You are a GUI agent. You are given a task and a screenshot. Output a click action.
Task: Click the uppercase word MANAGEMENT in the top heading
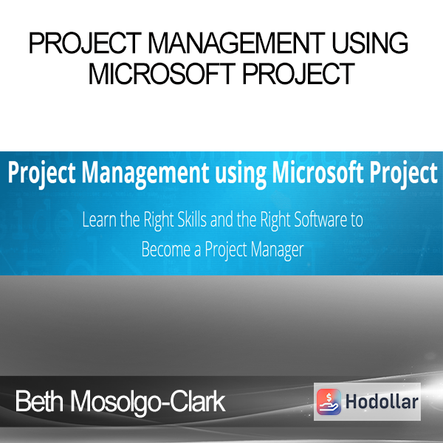(236, 43)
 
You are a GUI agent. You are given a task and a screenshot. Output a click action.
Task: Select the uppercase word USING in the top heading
(370, 43)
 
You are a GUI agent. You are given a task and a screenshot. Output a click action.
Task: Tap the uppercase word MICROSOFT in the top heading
(162, 74)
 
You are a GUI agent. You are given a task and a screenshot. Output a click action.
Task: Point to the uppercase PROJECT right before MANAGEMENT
(85, 43)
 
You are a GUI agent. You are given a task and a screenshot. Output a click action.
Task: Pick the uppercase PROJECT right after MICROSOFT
(298, 74)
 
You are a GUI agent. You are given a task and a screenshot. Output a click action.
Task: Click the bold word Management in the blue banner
(145, 174)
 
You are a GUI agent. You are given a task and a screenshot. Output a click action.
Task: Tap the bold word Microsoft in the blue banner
(317, 172)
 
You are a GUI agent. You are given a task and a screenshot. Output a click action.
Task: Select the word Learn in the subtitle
(99, 219)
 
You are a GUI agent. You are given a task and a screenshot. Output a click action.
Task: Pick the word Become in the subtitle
(166, 250)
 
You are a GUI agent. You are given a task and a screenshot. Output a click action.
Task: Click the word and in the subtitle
(221, 219)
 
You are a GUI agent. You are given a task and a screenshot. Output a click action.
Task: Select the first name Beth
(40, 401)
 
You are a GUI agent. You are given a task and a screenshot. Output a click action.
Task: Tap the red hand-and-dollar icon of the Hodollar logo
(329, 402)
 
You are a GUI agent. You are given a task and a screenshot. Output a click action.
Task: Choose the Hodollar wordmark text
(382, 402)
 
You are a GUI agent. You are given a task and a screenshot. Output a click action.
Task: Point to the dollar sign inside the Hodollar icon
(329, 397)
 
